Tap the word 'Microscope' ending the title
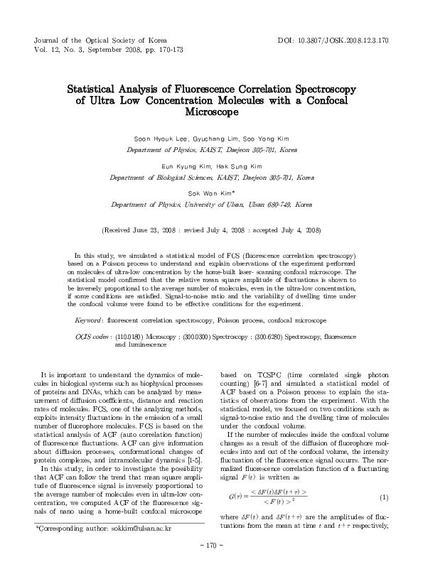[211, 112]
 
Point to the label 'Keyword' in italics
[90, 320]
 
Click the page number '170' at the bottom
[212, 564]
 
